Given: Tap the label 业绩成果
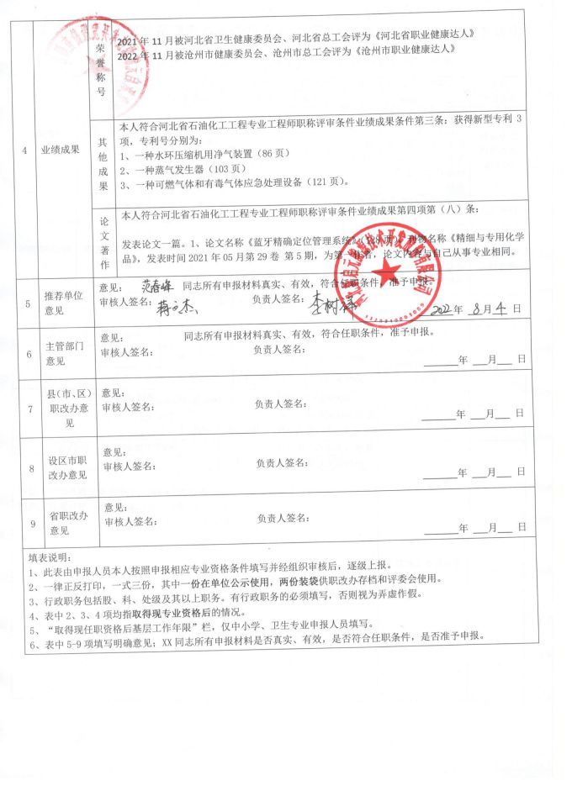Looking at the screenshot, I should click(x=61, y=150).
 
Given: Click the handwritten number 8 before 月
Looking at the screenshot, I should click(x=477, y=308).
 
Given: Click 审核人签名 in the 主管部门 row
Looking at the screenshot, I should click(x=126, y=352).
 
